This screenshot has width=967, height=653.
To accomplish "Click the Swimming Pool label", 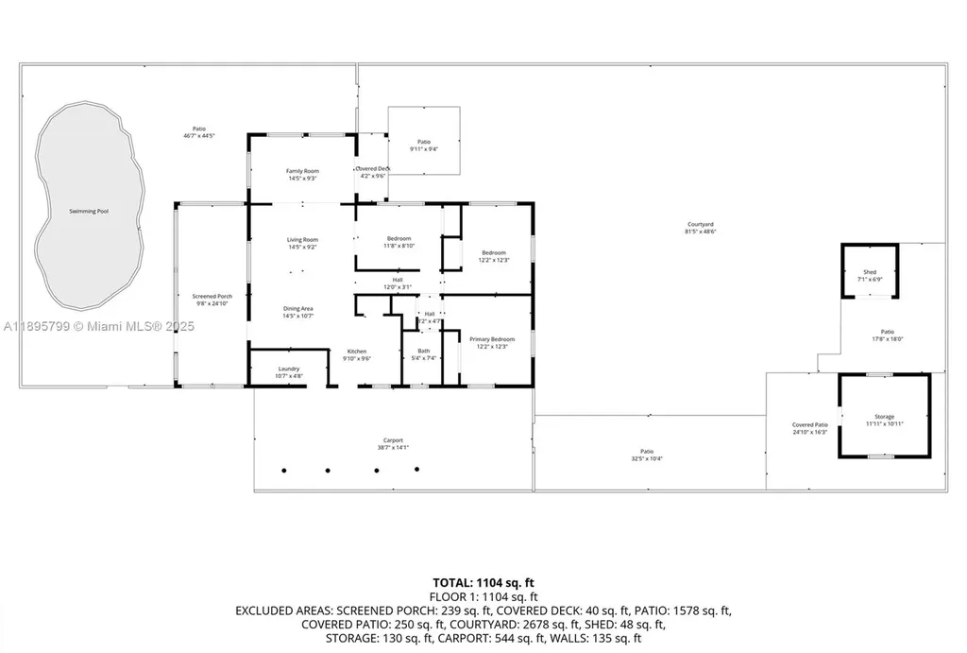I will [89, 211].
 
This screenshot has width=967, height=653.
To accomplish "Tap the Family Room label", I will [302, 171].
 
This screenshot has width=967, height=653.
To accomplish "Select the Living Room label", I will [302, 240].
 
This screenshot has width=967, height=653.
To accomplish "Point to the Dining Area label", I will [298, 309].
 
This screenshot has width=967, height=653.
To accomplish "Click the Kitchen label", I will [356, 352].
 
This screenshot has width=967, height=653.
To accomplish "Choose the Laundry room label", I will [289, 369].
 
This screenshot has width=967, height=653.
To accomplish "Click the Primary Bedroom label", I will [491, 338].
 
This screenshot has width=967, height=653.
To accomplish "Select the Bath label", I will [423, 352].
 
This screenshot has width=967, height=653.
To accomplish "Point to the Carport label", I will [393, 440].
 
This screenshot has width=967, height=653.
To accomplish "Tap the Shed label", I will [869, 272].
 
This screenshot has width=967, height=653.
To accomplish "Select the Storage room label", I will [884, 417].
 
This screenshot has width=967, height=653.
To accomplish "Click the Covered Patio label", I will [809, 425].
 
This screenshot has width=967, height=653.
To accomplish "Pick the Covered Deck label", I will [373, 168].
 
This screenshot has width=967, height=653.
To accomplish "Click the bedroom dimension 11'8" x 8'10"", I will [399, 246].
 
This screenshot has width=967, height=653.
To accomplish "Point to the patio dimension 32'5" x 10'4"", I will [647, 458].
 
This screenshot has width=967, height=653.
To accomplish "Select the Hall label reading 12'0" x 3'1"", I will [398, 286].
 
